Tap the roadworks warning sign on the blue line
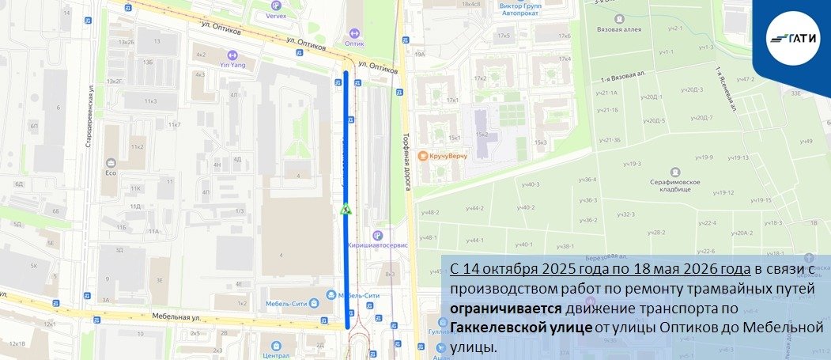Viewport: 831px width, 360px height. point(346,210)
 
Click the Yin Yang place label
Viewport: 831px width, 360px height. point(232,64)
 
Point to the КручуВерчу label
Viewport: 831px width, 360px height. point(448,156)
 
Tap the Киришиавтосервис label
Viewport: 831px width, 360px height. point(379,244)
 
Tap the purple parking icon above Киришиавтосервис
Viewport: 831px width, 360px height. point(377,233)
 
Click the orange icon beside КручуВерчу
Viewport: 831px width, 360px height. point(423,156)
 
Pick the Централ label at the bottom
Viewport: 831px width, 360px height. point(276,354)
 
